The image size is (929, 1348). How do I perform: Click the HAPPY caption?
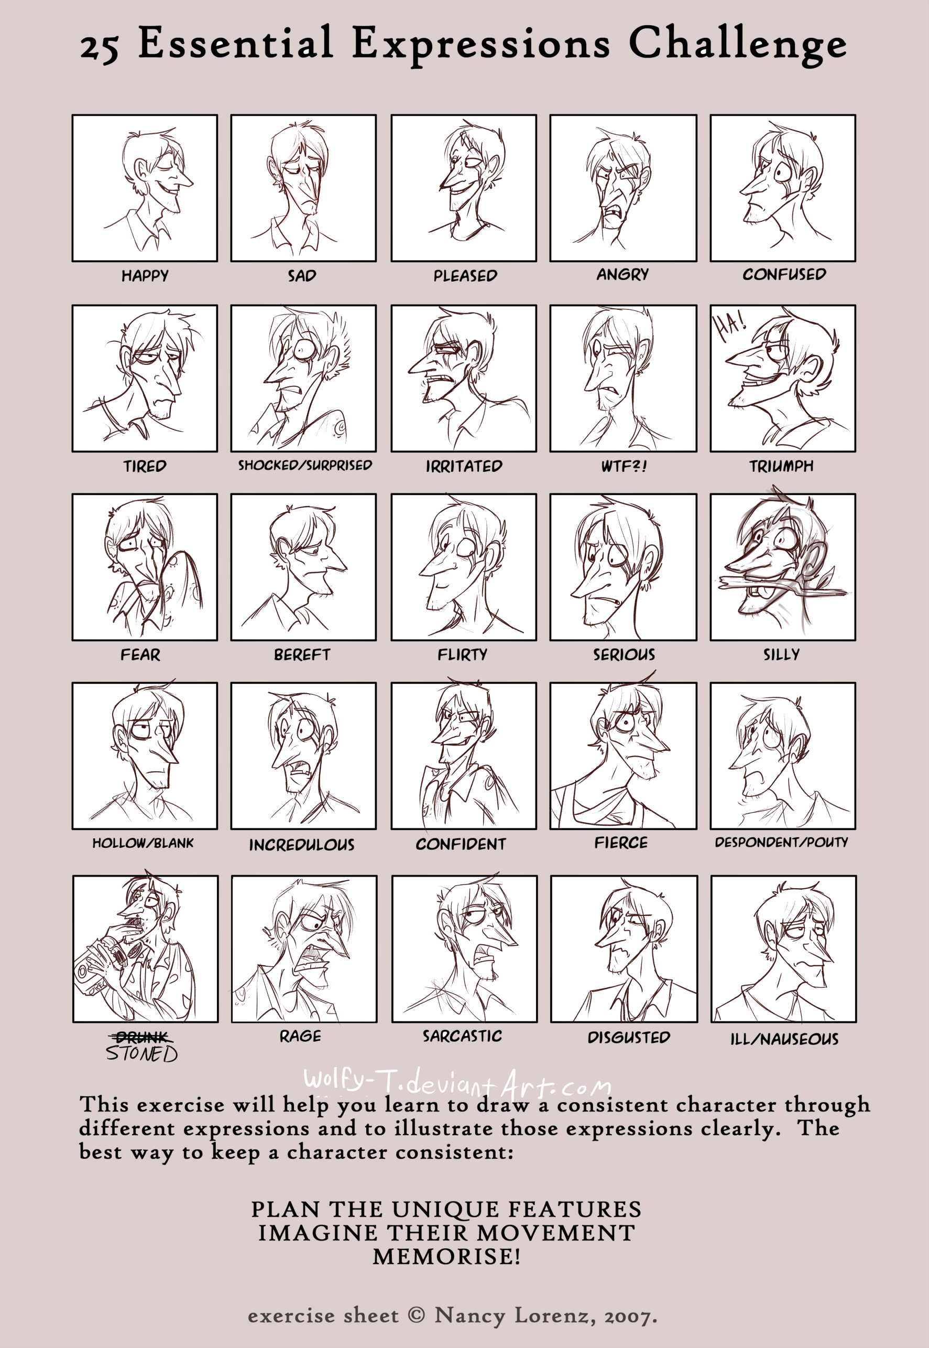click(145, 276)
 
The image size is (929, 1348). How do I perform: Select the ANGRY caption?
click(622, 274)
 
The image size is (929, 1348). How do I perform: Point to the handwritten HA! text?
click(730, 328)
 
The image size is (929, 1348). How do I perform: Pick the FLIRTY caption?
click(462, 655)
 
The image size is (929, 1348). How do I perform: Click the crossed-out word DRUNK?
click(141, 1037)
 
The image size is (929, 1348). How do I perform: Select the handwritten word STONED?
click(141, 1053)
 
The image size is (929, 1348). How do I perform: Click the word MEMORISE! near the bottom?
click(446, 1257)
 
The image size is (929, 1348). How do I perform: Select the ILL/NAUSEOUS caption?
click(784, 1039)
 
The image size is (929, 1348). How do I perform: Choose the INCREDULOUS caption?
click(301, 845)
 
